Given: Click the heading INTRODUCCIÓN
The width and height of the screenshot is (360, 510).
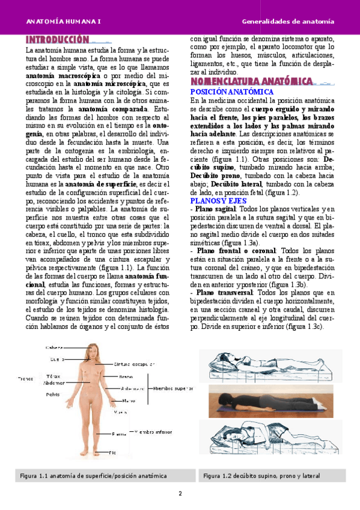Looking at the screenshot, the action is (x=57, y=40).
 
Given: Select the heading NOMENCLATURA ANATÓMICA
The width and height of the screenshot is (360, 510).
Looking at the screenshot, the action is (x=251, y=81).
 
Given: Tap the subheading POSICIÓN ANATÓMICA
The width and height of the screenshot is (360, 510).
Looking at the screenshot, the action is (x=231, y=92).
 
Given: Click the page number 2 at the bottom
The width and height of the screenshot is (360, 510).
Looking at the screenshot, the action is (x=180, y=494).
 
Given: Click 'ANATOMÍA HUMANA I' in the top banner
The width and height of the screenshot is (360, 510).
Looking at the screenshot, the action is (x=63, y=22).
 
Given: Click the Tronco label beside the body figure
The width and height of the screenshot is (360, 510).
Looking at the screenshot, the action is (x=25, y=379).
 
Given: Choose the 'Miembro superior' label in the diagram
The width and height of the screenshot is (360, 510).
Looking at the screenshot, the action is (x=173, y=389).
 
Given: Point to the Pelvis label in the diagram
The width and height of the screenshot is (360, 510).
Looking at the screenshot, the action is (x=53, y=395).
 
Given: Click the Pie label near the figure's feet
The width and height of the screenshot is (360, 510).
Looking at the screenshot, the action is (x=112, y=451).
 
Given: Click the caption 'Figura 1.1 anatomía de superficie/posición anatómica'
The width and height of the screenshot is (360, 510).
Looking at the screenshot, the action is (x=94, y=476).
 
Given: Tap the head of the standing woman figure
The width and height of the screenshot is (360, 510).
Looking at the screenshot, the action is (x=94, y=350).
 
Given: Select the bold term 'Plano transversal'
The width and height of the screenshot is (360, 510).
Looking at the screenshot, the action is (x=224, y=292).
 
